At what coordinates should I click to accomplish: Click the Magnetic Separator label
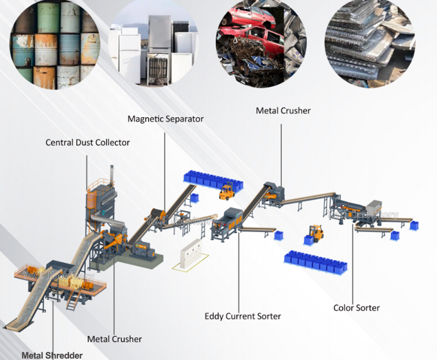165,119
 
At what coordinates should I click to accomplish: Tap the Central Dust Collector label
88,142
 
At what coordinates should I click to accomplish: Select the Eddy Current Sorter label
243,316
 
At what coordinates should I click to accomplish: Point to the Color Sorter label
356,308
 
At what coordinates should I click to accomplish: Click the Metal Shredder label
52,355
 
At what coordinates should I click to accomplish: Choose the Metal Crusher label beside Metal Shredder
114,339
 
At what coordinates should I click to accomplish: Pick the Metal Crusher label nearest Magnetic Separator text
283,110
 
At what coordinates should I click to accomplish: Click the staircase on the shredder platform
72,300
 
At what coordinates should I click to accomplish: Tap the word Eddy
214,316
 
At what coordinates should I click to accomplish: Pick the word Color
344,308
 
